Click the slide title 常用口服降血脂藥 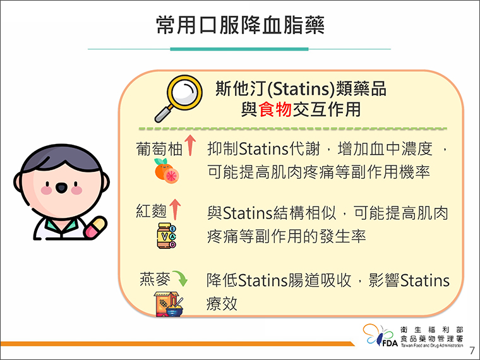tap(240, 25)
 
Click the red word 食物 tap(275, 109)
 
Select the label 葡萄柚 tap(159, 149)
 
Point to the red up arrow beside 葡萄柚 tap(190, 145)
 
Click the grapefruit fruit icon tap(167, 171)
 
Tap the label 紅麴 tap(151, 211)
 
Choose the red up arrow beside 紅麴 tap(175, 210)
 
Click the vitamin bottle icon tap(166, 236)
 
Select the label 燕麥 tap(155, 279)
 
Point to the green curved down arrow tap(181, 278)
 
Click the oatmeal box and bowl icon tap(169, 304)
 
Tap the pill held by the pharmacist tap(96, 227)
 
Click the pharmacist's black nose tap(61, 188)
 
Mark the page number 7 tap(472, 350)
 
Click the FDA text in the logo tap(390, 343)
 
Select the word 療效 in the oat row tap(222, 304)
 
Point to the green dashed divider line tap(292, 129)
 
